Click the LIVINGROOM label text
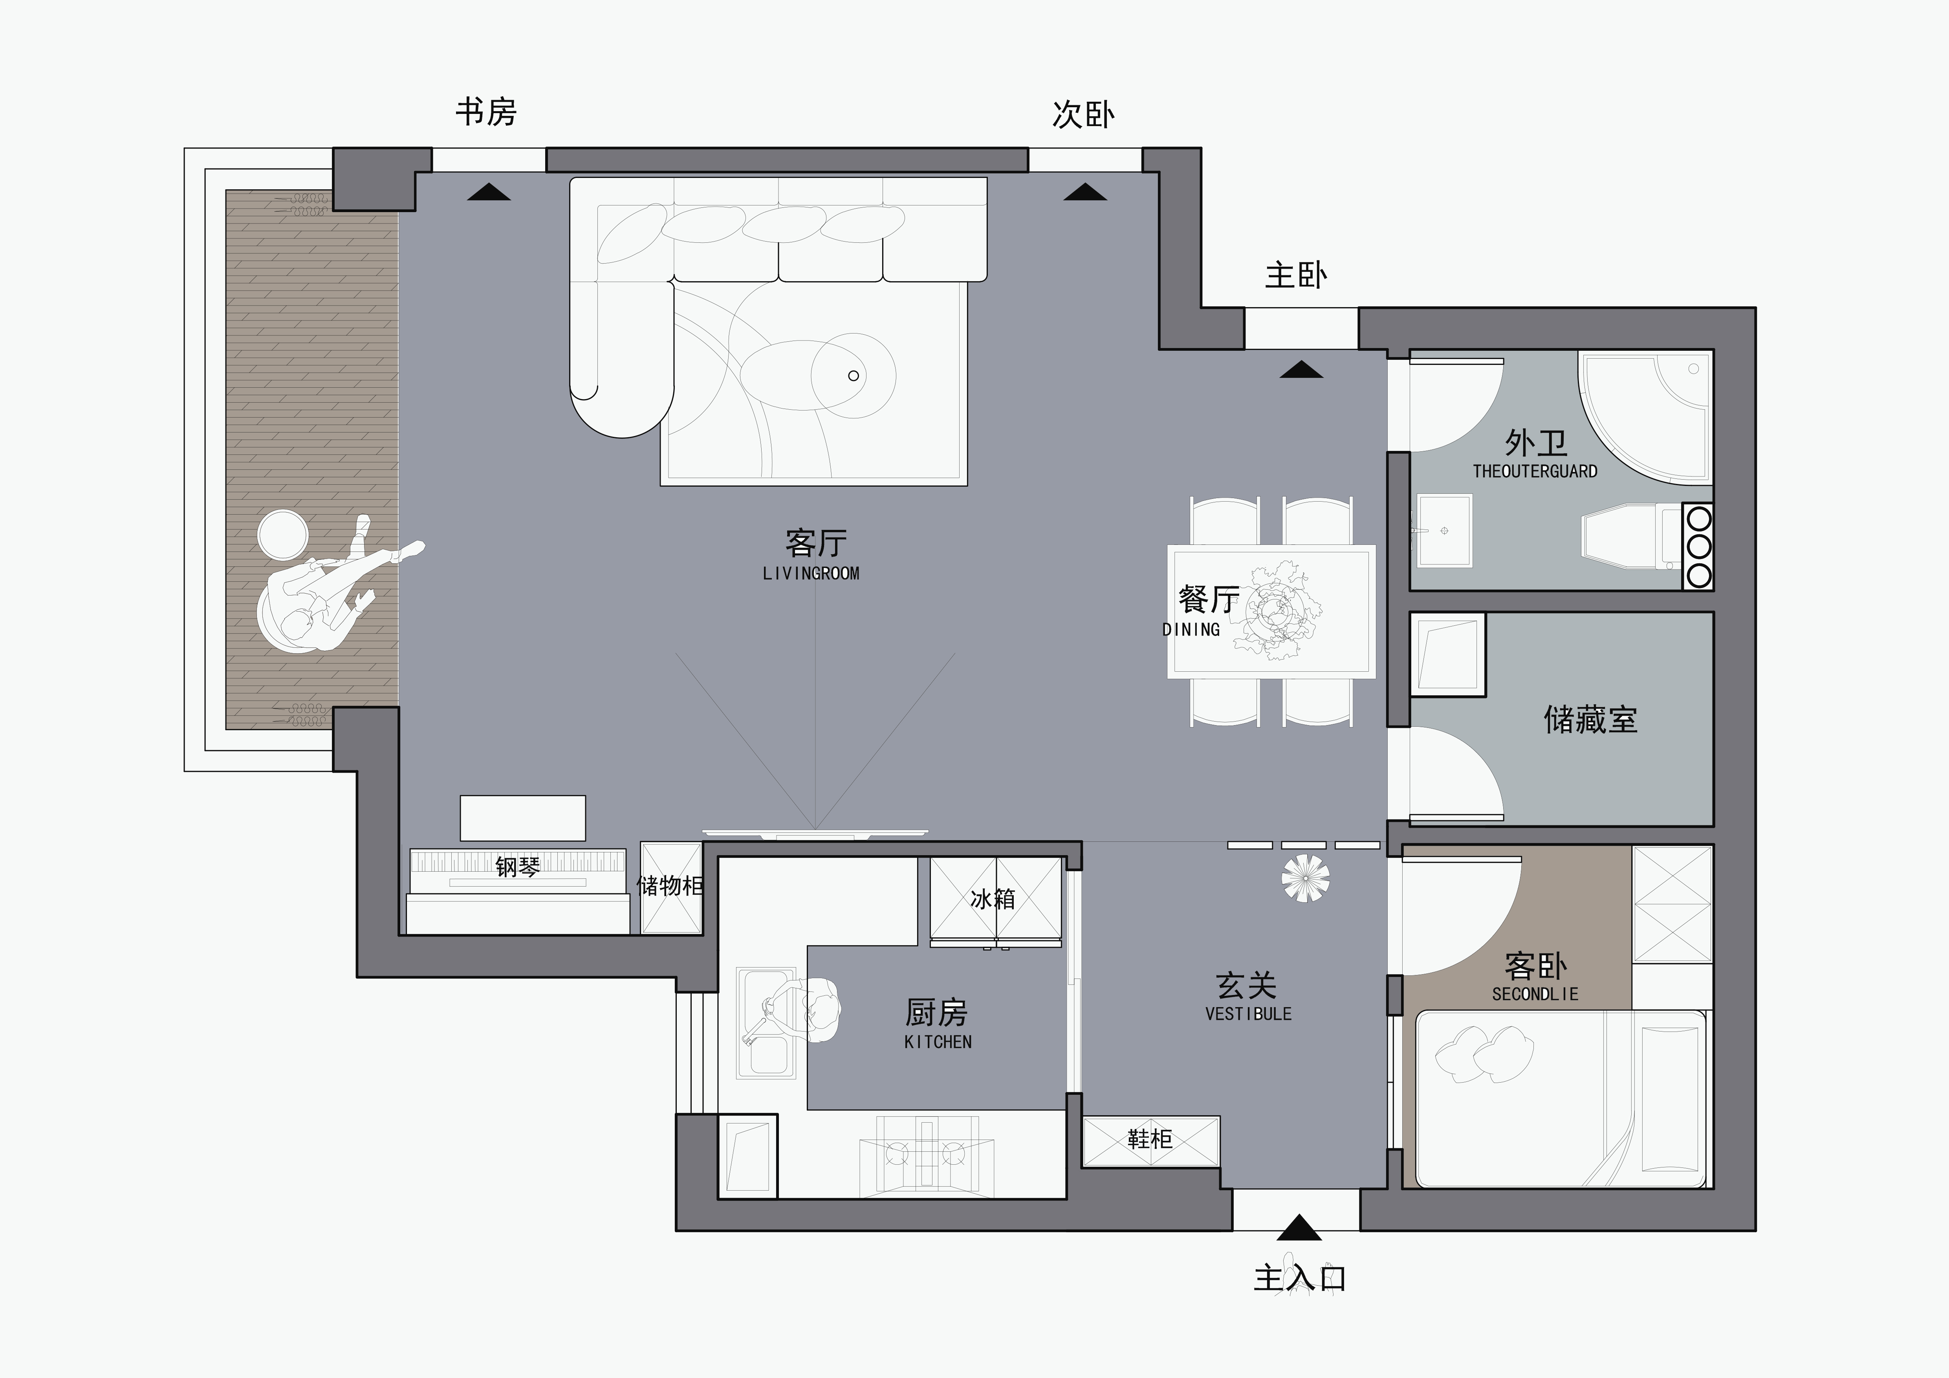[811, 574]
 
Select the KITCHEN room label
[937, 1042]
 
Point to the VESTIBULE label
[1248, 1014]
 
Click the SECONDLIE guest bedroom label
[1535, 993]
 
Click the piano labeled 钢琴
[518, 870]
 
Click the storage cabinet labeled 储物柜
[670, 887]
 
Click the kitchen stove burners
[925, 1153]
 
